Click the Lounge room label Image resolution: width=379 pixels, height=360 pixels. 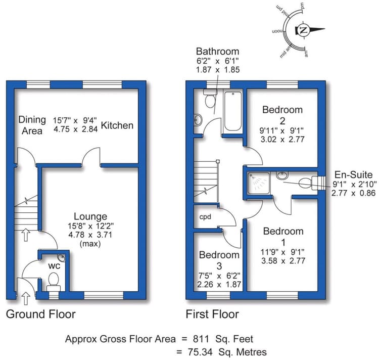[x=90, y=216]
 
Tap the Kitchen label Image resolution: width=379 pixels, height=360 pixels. [x=117, y=125]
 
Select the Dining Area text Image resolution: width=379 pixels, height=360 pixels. [x=32, y=125]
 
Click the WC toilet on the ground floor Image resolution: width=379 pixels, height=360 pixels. [x=54, y=282]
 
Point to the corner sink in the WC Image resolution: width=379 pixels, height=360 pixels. [x=62, y=257]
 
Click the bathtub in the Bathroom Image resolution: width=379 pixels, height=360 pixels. [x=233, y=111]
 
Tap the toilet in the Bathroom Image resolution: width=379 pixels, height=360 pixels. [x=210, y=98]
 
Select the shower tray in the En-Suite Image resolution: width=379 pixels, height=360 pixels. [x=258, y=183]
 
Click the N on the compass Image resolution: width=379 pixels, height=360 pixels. [x=303, y=30]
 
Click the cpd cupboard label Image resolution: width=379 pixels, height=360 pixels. [x=205, y=217]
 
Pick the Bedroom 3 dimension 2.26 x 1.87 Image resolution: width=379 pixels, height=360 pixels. [x=219, y=284]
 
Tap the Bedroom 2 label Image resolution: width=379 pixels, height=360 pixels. [x=282, y=115]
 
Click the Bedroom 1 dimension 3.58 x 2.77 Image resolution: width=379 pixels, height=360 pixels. [x=283, y=260]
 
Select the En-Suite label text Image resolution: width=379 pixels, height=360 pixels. [x=353, y=174]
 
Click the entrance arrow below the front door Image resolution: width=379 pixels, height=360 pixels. [x=26, y=298]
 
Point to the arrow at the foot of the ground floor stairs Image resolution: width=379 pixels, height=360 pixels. [x=26, y=235]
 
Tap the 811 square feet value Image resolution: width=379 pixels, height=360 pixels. [x=201, y=339]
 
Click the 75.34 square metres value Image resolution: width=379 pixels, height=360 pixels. [x=201, y=352]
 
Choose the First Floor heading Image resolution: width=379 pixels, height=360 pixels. [x=212, y=314]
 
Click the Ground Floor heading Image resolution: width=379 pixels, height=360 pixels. [x=41, y=314]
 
